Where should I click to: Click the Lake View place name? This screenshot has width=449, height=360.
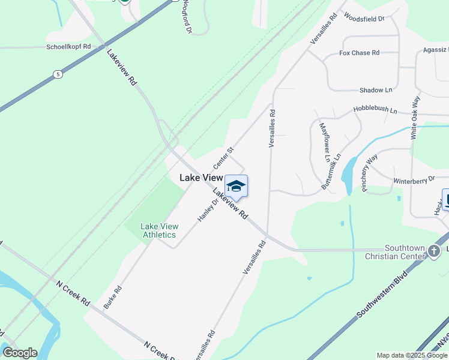click(201, 178)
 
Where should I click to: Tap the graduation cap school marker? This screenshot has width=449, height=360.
click(236, 186)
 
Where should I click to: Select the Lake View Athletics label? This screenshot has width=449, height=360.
click(159, 230)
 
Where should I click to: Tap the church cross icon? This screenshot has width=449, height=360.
click(435, 252)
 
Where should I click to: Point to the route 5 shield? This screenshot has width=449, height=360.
click(58, 74)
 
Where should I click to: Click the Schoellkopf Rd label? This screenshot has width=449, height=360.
click(69, 46)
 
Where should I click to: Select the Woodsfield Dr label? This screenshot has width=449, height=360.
click(364, 19)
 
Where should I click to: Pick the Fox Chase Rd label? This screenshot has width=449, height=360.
click(359, 53)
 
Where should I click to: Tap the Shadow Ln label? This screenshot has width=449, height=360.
click(375, 90)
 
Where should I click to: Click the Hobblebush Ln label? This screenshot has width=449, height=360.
click(375, 111)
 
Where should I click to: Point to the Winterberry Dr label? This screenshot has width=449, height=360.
click(414, 180)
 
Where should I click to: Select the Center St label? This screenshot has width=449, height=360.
click(223, 157)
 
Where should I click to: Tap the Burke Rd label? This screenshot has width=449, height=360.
click(112, 297)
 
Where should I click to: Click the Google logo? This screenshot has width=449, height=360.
click(20, 353)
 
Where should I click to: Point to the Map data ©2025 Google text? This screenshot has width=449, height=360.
click(412, 355)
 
